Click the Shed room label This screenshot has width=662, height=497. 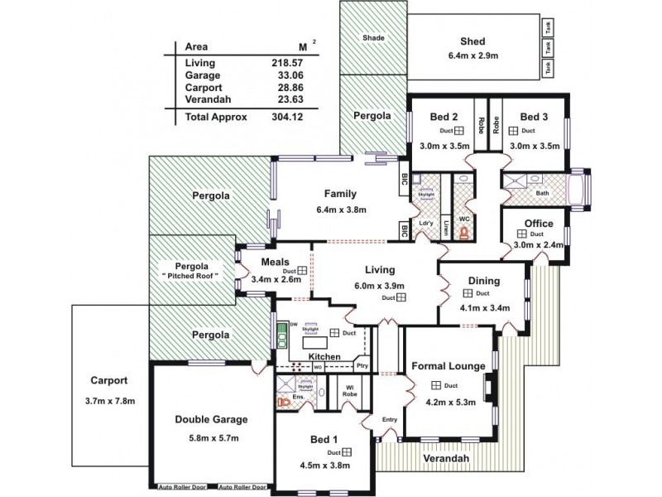[x=473, y=42]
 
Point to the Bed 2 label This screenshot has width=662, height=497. [x=444, y=117]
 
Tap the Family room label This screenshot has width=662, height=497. [x=340, y=194]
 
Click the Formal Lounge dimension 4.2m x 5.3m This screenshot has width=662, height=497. [x=447, y=404]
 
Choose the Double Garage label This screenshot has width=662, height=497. [x=212, y=419]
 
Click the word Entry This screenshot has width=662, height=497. [x=390, y=419]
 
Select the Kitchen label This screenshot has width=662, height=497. [x=325, y=356]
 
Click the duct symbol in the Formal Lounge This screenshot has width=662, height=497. [x=436, y=385]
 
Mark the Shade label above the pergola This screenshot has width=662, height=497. [x=374, y=39]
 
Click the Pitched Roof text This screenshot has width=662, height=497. [x=189, y=275]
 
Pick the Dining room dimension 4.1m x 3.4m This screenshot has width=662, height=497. [x=483, y=307]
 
